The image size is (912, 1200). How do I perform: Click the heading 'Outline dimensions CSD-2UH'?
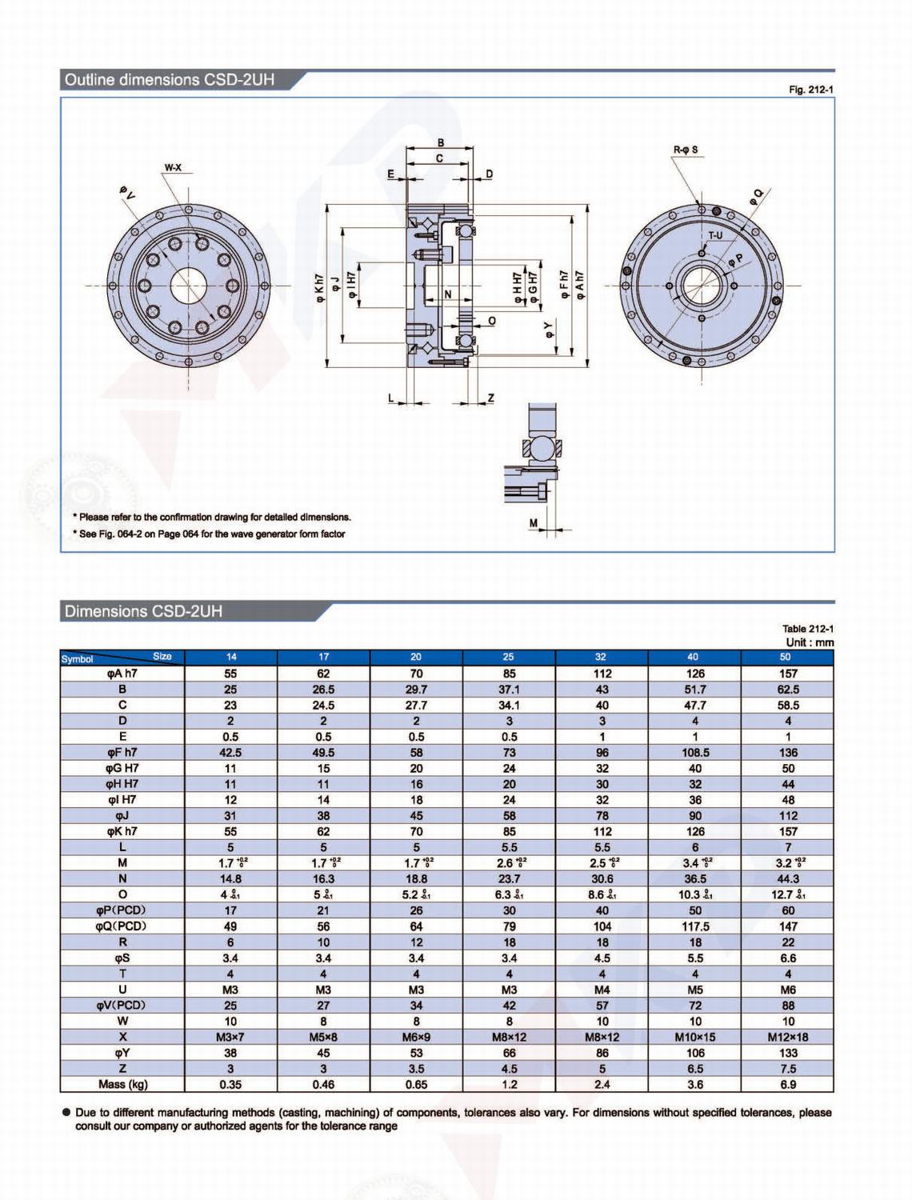click(x=170, y=80)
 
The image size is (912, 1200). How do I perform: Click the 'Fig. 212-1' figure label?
click(x=810, y=90)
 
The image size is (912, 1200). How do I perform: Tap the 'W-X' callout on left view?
click(x=173, y=168)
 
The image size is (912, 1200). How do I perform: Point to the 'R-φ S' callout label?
click(x=685, y=150)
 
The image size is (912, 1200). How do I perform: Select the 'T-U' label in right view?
click(x=714, y=235)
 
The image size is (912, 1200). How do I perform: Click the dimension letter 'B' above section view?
click(x=440, y=143)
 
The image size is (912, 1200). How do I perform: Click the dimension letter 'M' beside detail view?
click(x=534, y=523)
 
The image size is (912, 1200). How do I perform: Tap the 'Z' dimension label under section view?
click(x=490, y=398)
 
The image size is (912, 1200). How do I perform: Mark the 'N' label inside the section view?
click(x=448, y=294)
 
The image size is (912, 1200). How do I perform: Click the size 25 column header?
click(x=509, y=657)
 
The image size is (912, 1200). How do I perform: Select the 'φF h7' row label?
click(x=122, y=752)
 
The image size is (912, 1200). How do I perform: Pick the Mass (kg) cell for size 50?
click(x=787, y=1085)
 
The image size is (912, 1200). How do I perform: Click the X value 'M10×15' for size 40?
click(x=694, y=1037)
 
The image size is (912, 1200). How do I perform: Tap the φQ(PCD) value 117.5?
click(x=694, y=926)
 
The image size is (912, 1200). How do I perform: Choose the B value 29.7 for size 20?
click(x=416, y=689)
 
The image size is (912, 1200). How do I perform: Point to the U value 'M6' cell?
click(x=787, y=990)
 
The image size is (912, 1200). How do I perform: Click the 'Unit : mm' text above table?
click(x=809, y=642)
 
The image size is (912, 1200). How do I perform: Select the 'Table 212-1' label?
click(x=807, y=629)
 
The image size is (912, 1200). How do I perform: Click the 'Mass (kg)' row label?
click(x=122, y=1085)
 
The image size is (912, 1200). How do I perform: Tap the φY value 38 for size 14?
click(x=230, y=1053)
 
